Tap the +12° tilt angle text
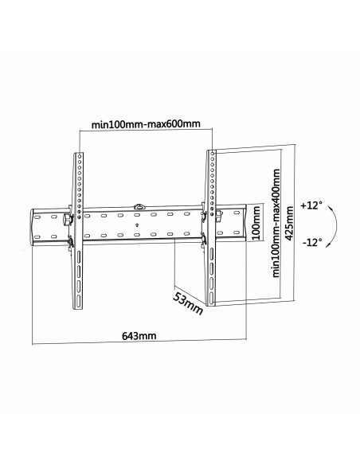click(313, 205)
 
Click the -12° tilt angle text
click(312, 244)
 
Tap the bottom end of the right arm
click(212, 303)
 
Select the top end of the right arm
click(212, 150)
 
